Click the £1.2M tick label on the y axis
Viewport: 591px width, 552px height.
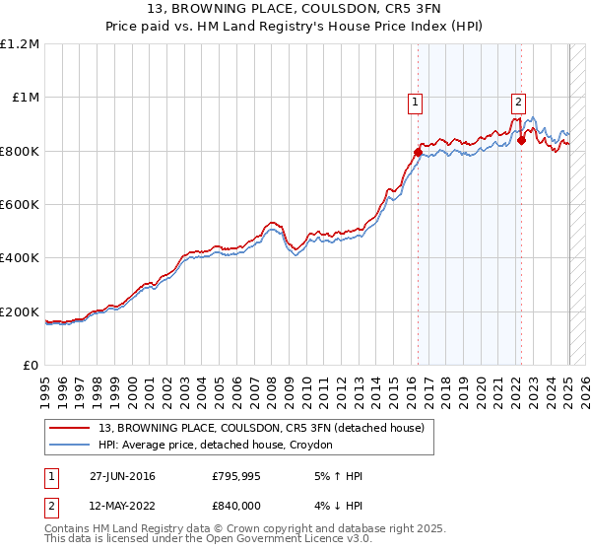[20, 44]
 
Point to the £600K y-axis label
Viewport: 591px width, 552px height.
[20, 205]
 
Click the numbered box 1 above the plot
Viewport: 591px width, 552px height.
[416, 101]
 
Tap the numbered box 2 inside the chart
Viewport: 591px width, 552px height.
[518, 101]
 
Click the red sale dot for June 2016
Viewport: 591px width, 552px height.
[418, 152]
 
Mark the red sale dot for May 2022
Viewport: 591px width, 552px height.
[521, 140]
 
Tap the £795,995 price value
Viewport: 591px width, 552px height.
[236, 476]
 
